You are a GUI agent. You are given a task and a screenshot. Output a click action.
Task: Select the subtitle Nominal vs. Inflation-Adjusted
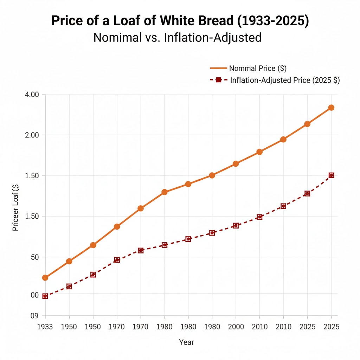(x=178, y=37)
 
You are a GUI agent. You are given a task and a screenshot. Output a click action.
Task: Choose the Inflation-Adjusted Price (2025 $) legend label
(x=285, y=80)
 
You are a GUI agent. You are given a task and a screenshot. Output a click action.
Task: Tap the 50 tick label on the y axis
(x=34, y=257)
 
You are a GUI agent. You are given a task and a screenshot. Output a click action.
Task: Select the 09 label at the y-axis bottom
(x=34, y=316)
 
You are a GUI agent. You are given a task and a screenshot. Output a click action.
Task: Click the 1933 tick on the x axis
(x=45, y=327)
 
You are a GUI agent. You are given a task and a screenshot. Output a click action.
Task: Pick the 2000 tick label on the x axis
(x=236, y=327)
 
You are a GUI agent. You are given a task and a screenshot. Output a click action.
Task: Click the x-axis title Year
(x=186, y=342)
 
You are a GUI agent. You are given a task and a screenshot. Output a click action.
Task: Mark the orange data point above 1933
(x=45, y=278)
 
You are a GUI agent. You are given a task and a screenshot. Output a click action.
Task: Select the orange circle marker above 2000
(x=236, y=164)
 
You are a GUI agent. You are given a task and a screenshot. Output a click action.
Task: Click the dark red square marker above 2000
(x=236, y=225)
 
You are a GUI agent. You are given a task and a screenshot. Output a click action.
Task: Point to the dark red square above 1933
(x=45, y=296)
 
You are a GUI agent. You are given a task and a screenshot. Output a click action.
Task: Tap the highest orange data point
(x=331, y=108)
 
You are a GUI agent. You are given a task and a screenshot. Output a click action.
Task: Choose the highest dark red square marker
(x=331, y=175)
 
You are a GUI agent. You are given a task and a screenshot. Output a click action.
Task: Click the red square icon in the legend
(x=218, y=80)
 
